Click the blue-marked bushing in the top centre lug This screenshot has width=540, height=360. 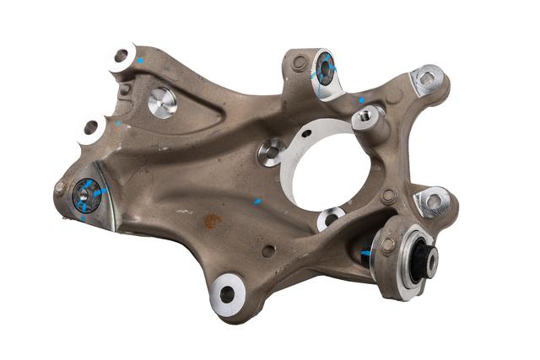(325, 70)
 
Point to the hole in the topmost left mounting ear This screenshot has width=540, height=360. (121, 56)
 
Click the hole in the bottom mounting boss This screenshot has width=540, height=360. (228, 293)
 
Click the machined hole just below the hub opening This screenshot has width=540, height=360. (330, 219)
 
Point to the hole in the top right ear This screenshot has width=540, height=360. (428, 79)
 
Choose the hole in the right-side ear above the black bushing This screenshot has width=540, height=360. (434, 201)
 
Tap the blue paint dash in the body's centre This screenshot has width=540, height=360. (258, 202)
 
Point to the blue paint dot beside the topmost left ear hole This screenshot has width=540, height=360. (141, 61)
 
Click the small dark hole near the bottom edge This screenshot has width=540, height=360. (267, 251)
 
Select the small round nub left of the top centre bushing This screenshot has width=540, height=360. (299, 62)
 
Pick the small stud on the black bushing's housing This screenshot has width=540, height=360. (387, 245)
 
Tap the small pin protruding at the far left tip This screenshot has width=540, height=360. (59, 188)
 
